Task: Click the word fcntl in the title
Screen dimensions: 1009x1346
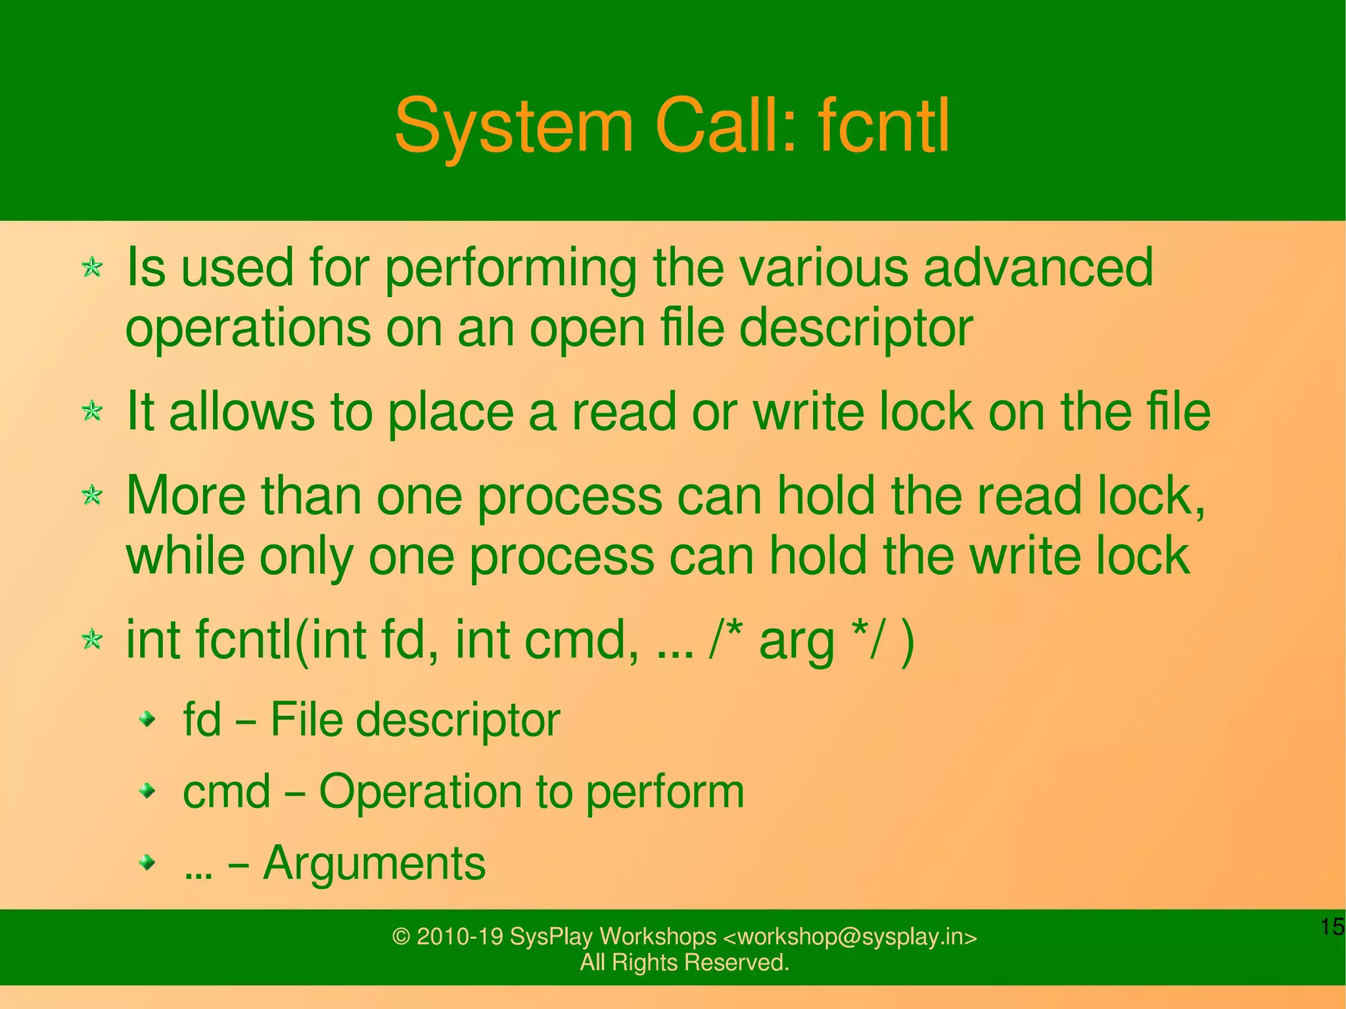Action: click(883, 126)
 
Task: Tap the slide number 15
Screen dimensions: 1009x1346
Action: click(1332, 927)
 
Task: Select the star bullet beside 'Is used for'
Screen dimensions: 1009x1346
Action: click(92, 268)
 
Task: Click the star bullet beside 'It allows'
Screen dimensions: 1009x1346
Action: click(92, 412)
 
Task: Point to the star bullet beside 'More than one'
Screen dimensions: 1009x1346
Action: click(92, 496)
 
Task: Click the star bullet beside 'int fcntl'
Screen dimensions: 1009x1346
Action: click(92, 640)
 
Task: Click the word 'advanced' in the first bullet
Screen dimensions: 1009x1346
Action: click(1038, 268)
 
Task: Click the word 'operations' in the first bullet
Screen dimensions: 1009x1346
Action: click(248, 328)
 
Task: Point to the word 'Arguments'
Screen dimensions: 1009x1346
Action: click(374, 862)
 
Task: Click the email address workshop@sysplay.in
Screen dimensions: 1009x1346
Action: click(850, 936)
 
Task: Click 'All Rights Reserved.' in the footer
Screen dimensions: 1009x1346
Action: click(684, 962)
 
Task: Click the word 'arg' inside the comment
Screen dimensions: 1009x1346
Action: click(796, 641)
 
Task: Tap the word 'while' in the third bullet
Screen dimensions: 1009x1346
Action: click(185, 555)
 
